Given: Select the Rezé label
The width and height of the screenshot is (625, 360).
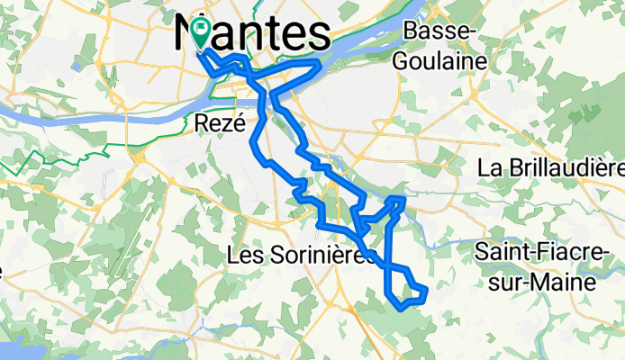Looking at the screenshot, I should (x=220, y=124).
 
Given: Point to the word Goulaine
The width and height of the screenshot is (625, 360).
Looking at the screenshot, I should (x=439, y=61).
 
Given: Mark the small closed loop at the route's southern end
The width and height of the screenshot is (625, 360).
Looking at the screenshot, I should (x=407, y=291).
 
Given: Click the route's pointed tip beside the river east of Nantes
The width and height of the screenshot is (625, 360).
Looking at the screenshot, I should (x=320, y=65).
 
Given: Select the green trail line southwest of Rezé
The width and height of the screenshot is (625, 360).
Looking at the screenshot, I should (x=54, y=151).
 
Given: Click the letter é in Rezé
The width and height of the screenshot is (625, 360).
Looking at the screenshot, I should (x=239, y=124).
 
